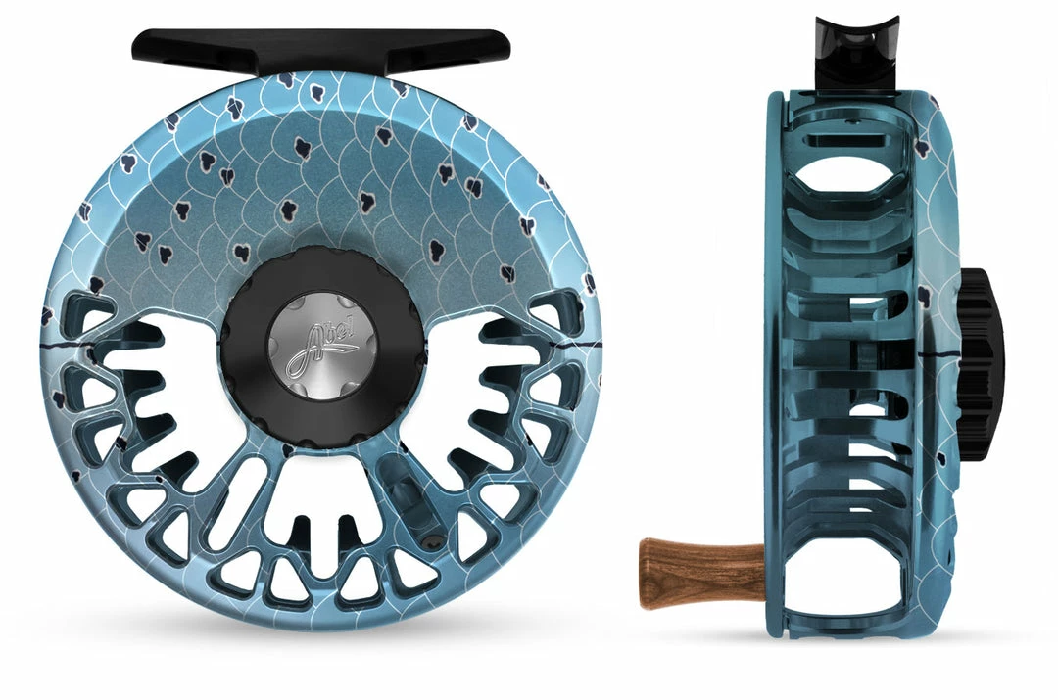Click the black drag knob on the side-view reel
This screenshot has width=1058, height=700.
980,365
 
